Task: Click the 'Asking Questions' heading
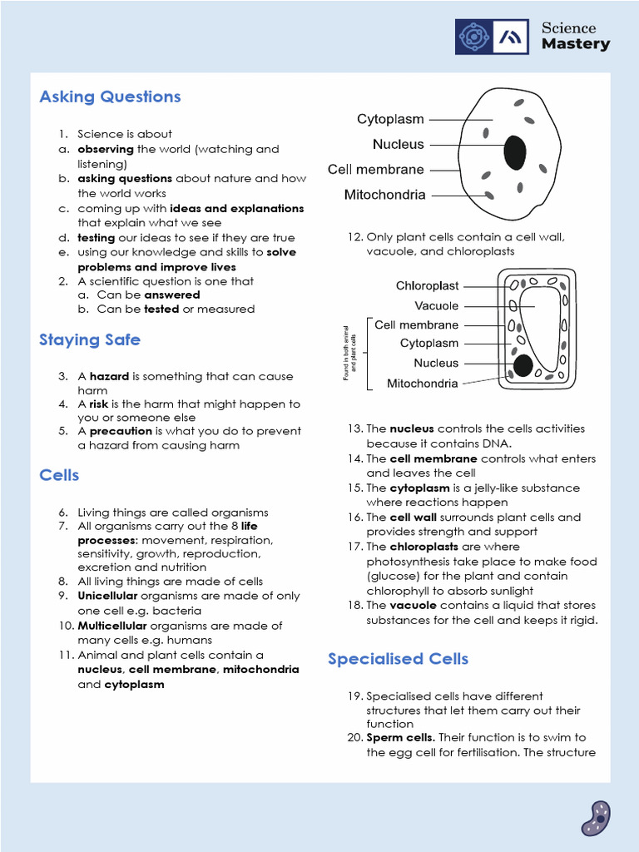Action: tap(110, 97)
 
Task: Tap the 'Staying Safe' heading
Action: tap(90, 339)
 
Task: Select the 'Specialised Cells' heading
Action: tap(398, 659)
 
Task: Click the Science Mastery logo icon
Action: tap(492, 37)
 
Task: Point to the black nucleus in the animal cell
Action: tap(515, 152)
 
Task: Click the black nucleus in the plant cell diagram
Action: tap(523, 364)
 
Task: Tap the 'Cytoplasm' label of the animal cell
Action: tap(390, 120)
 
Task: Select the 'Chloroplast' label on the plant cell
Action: tap(427, 286)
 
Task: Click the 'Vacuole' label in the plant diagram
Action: tap(436, 306)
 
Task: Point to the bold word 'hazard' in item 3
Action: tap(109, 376)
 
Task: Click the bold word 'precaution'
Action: tap(120, 431)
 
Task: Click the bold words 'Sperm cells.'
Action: tap(400, 737)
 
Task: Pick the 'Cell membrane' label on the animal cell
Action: tap(376, 170)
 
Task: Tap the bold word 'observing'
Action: tap(106, 149)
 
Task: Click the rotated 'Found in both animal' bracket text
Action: tap(349, 354)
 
